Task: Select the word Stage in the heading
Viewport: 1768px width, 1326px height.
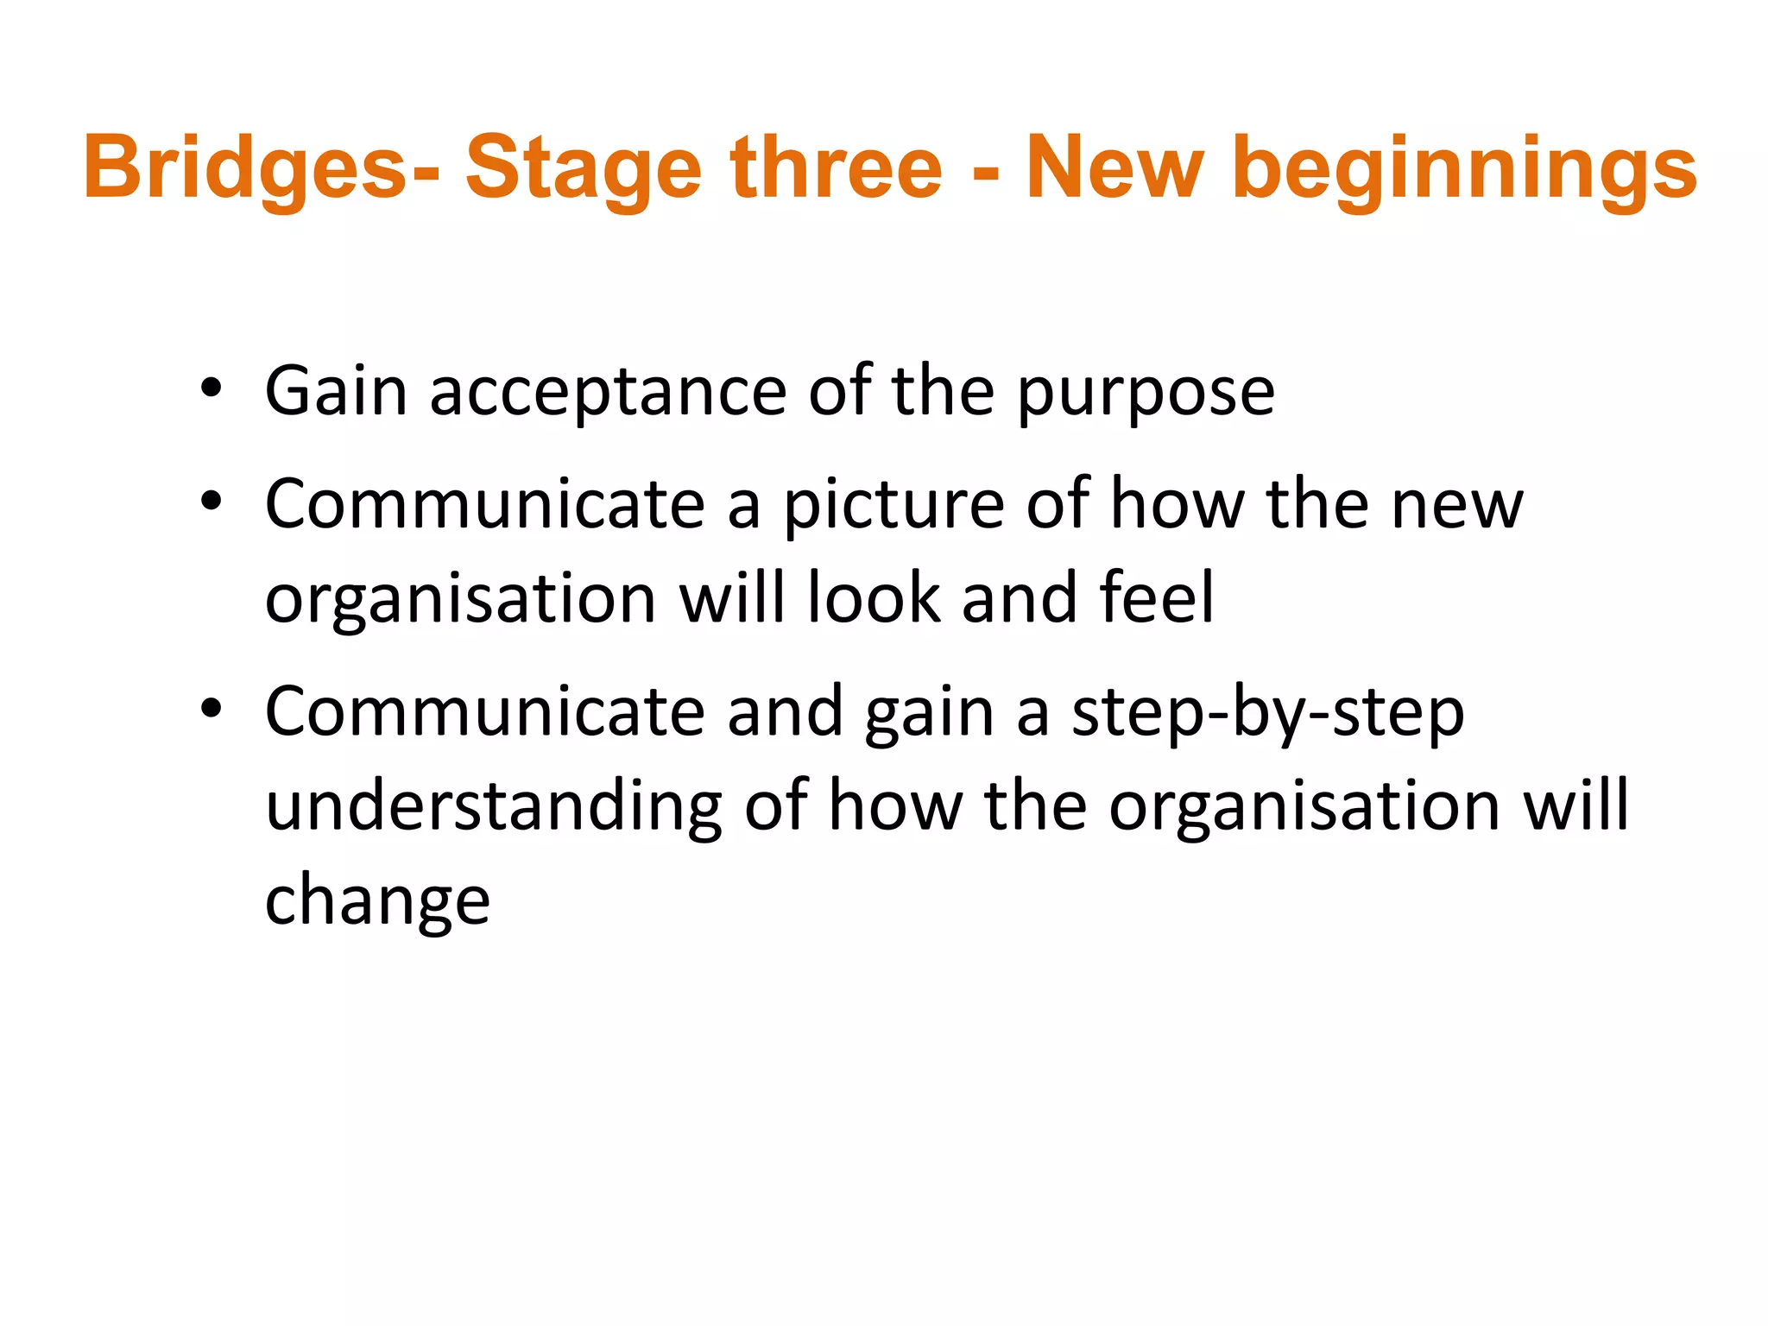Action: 584,168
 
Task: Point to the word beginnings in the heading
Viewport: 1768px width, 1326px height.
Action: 1464,168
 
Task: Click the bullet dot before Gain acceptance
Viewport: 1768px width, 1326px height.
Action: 211,389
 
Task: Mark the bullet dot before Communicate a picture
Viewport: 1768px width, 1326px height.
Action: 211,502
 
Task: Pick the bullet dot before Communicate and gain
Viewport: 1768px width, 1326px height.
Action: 211,710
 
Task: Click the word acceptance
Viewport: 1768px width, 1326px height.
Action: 608,393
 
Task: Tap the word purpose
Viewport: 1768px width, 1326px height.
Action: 1146,393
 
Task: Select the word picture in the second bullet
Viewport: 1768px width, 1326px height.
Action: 893,505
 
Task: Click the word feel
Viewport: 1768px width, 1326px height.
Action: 1157,597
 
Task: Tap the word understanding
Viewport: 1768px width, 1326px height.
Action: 493,807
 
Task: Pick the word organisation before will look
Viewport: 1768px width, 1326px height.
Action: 460,599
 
